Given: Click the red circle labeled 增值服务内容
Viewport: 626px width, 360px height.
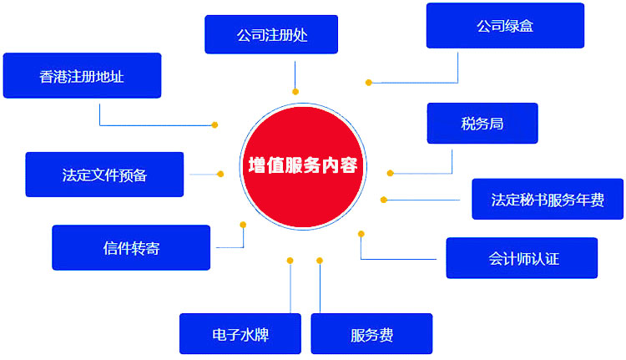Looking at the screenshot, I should (x=302, y=165).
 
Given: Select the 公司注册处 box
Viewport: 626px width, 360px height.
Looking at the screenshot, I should (x=271, y=35).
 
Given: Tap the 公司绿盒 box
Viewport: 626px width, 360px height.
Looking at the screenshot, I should (x=504, y=26).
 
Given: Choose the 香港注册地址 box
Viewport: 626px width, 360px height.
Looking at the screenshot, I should (x=82, y=76).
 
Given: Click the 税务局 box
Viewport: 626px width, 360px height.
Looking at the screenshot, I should (x=482, y=124).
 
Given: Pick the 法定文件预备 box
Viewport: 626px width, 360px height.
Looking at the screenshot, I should (x=104, y=175).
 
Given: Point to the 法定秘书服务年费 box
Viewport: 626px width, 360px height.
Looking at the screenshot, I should (x=547, y=200).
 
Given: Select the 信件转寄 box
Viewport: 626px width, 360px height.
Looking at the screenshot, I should (x=131, y=248).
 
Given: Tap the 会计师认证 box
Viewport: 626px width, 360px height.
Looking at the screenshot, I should (x=522, y=258).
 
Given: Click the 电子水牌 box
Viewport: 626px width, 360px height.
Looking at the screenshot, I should (x=240, y=334).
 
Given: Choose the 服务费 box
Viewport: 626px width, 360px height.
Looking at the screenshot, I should (x=371, y=334).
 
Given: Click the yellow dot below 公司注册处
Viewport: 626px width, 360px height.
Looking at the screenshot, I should (x=295, y=91).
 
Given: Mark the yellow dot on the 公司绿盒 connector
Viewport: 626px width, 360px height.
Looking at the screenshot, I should (x=368, y=82).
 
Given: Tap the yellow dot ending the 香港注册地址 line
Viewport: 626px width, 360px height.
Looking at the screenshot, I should (x=215, y=125).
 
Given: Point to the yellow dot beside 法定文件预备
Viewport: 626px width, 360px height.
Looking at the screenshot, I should (x=220, y=174).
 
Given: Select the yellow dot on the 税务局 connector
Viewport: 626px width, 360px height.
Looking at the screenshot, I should (x=390, y=173).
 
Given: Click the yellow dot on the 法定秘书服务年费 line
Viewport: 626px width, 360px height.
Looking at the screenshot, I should (x=384, y=200).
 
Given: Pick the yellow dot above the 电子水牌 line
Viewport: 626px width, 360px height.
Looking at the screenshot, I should (x=290, y=261).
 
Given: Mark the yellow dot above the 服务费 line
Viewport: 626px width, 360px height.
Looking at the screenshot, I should (x=320, y=261).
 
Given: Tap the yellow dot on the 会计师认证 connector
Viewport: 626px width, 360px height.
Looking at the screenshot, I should (x=361, y=234).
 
